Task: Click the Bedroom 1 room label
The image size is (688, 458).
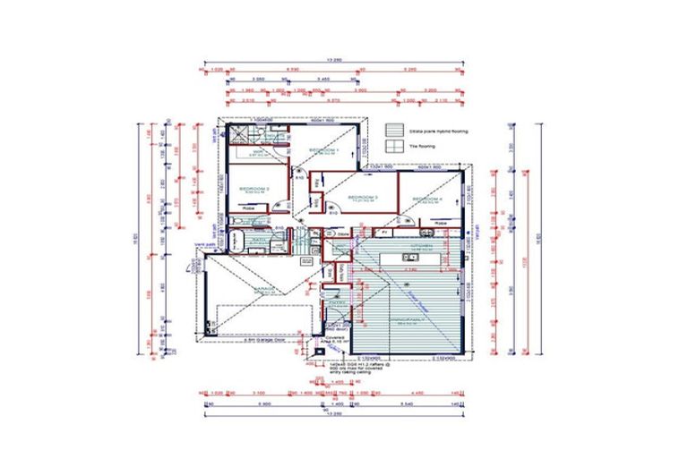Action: click(323, 150)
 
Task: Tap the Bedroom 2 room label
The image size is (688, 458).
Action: click(254, 189)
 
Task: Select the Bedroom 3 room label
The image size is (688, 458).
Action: click(363, 197)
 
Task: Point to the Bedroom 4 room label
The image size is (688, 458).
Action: click(428, 199)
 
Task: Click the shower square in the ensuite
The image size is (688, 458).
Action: click(240, 134)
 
